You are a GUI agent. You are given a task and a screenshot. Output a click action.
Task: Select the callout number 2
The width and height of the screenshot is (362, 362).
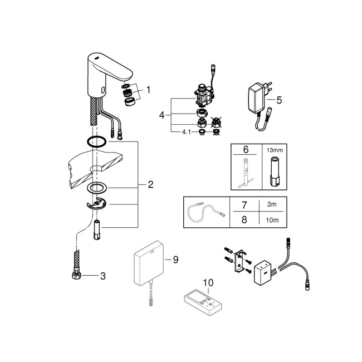coord(151,184)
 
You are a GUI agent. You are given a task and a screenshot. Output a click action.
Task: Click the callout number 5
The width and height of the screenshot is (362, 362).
coord(279,100)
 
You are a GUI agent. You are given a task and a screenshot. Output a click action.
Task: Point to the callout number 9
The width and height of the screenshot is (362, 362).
coord(175,259)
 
